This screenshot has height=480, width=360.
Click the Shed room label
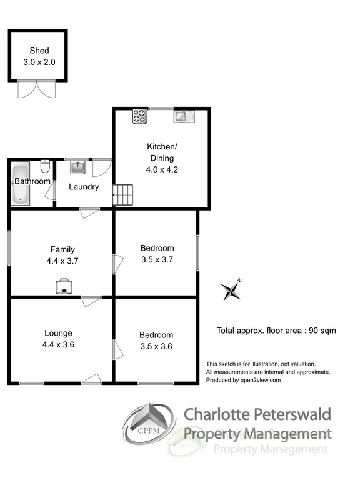click(39, 51)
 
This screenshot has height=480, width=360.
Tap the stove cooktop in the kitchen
click(140, 116)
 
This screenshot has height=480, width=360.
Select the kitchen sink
click(184, 116)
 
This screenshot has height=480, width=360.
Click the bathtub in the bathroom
click(21, 183)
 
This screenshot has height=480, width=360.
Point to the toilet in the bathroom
click(45, 166)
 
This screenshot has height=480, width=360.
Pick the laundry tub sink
click(77, 167)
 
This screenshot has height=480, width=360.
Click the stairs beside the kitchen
click(123, 195)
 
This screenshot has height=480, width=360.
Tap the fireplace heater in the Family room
click(64, 286)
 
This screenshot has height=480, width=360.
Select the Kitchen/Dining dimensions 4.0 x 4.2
click(162, 169)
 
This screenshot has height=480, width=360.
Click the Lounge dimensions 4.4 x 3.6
click(58, 345)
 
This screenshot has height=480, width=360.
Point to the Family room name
click(62, 250)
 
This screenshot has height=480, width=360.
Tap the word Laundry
click(84, 187)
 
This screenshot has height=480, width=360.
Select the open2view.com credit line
click(243, 380)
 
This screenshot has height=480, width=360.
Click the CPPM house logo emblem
click(149, 424)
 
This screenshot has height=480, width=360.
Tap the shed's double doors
click(37, 89)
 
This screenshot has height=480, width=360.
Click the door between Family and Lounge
click(91, 301)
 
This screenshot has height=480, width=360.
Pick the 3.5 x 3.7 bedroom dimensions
click(157, 260)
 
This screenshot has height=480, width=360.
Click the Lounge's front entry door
click(91, 379)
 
